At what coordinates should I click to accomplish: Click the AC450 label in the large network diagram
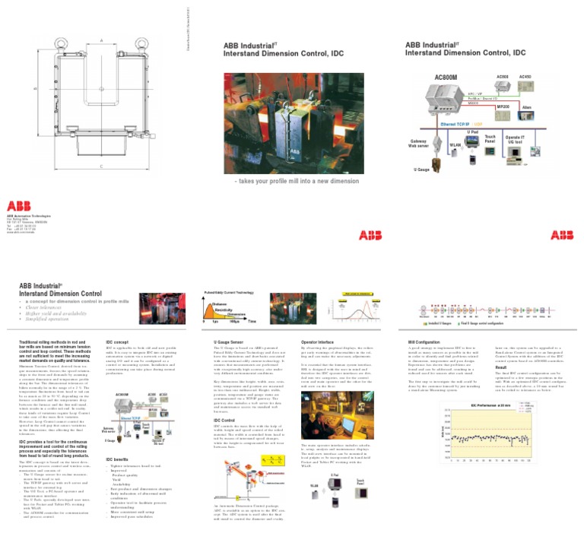(525, 77)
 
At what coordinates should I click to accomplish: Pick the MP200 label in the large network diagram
(503, 106)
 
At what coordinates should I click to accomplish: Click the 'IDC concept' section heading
(116, 343)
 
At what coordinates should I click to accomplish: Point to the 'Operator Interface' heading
(319, 343)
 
